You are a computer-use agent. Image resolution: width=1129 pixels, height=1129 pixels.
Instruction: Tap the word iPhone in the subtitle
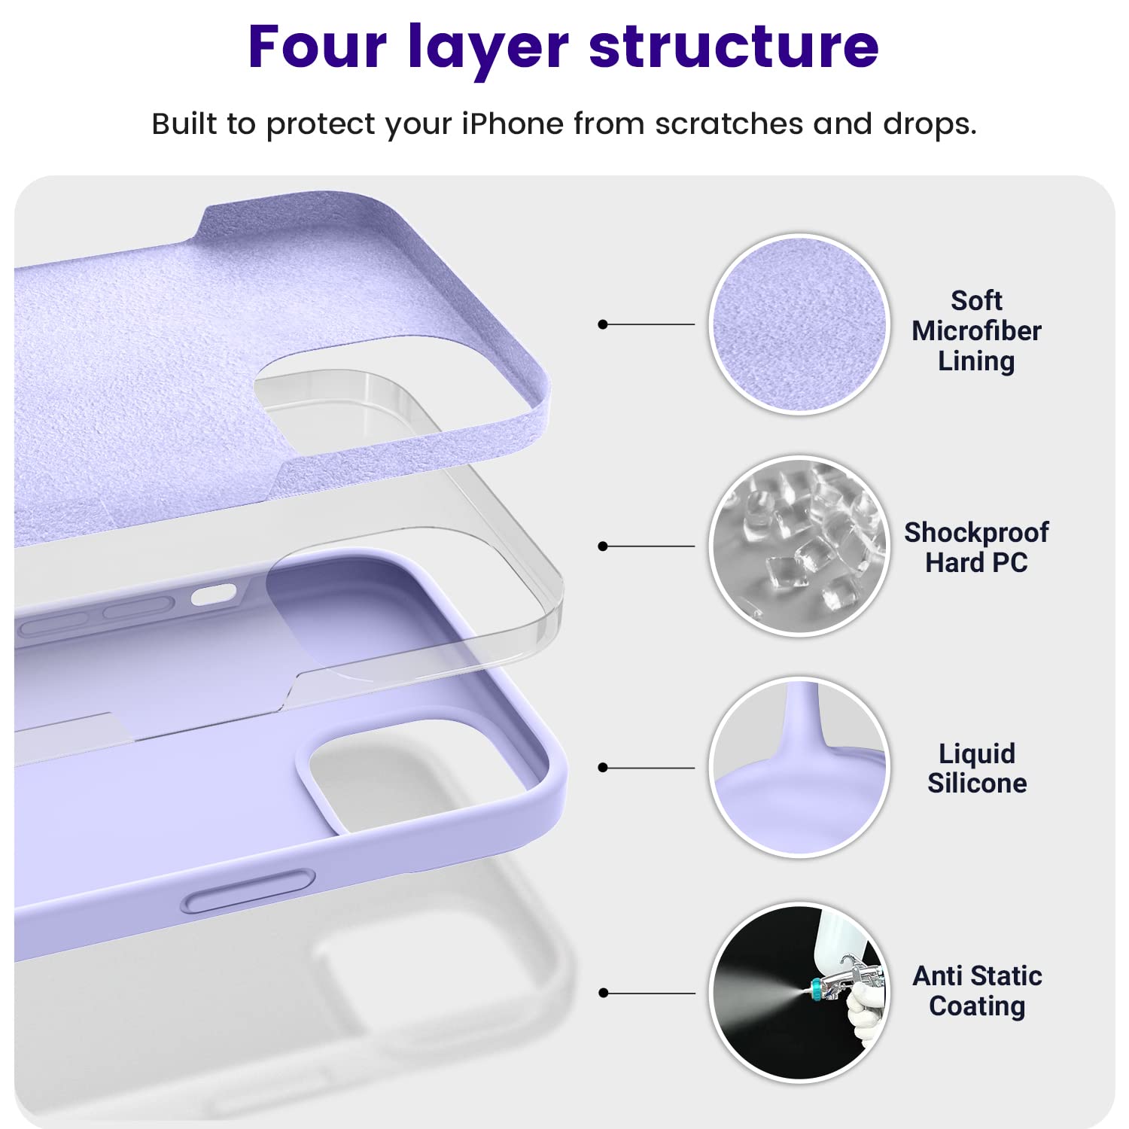tap(512, 123)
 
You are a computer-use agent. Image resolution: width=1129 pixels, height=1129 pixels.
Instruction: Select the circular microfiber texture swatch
tap(799, 324)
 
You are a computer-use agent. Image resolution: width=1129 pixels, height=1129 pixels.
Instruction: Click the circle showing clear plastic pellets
tap(799, 546)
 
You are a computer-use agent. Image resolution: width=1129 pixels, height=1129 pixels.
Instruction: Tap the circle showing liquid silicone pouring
tap(799, 767)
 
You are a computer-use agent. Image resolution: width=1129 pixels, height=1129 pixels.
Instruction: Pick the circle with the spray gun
tap(799, 992)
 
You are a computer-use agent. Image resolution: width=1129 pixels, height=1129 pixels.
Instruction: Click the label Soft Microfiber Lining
tap(976, 330)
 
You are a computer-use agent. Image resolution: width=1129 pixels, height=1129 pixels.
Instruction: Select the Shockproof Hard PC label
tap(976, 547)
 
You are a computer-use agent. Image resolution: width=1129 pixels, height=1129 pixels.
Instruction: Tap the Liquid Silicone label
tap(976, 768)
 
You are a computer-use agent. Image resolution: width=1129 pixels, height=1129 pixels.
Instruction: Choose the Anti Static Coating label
tap(976, 991)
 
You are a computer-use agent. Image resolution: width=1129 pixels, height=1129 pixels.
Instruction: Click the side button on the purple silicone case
tap(248, 891)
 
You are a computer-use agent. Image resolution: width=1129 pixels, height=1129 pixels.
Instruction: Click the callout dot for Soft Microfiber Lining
tap(602, 324)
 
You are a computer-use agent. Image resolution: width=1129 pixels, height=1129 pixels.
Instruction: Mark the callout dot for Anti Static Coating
tap(602, 993)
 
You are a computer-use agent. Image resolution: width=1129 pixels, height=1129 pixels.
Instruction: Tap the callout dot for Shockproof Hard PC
tap(602, 546)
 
